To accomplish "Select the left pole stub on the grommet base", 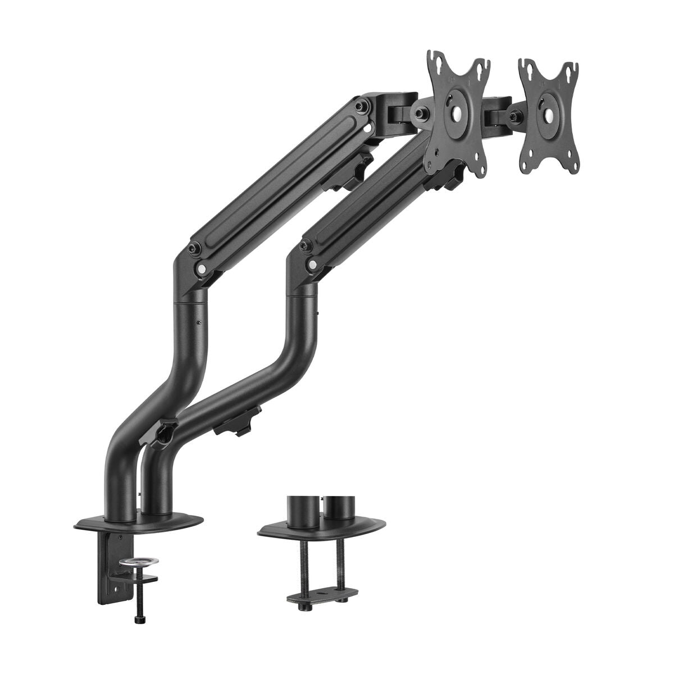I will (x=298, y=509).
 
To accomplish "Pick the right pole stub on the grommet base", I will (x=336, y=509).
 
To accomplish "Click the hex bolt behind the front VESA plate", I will (x=419, y=112).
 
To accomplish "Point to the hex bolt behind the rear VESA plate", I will (x=514, y=116).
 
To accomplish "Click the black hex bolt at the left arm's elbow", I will (x=194, y=247).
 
